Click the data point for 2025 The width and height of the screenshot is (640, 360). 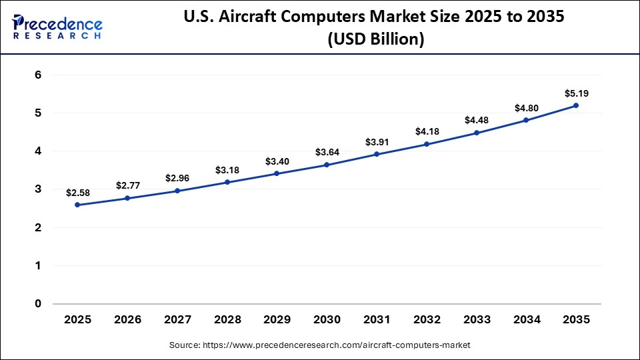77,205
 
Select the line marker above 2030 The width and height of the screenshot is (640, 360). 327,165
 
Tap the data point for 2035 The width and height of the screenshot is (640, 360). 576,105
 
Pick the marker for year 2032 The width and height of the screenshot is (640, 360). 427,144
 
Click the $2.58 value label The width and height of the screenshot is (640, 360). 77,193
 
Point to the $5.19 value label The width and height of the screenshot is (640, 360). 576,93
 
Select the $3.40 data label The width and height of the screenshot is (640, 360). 277,161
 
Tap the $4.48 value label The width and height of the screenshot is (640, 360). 477,121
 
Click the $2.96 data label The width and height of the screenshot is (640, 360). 177,179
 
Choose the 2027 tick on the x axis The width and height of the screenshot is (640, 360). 177,320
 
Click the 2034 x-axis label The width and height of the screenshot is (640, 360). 526,320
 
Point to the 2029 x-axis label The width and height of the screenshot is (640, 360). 277,320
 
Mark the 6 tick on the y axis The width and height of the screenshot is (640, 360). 38,75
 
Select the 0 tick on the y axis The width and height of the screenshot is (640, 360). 38,304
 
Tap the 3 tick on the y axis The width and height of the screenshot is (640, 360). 38,189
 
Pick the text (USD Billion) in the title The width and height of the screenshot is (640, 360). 375,39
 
